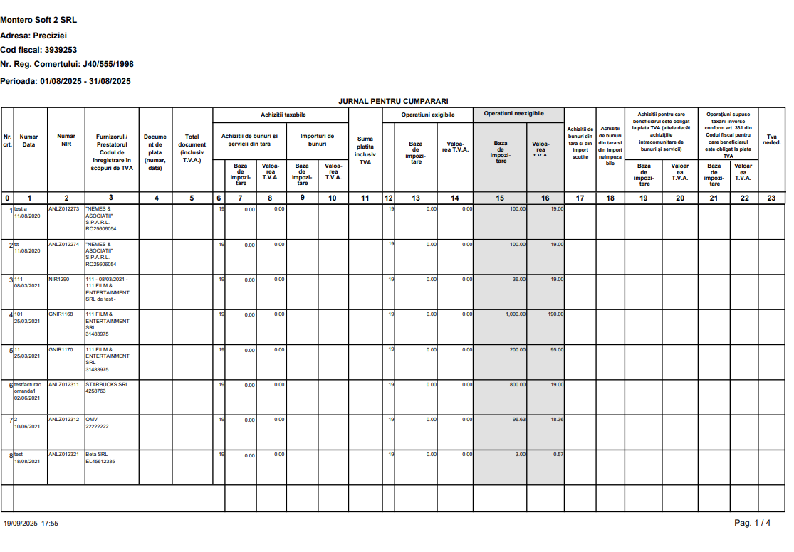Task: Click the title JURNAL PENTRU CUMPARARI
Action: click(x=393, y=102)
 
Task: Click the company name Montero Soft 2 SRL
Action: click(x=38, y=19)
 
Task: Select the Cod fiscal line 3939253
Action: click(x=38, y=50)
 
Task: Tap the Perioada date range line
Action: click(x=66, y=81)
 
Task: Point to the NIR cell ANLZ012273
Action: click(x=64, y=209)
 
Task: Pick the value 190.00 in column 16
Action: click(x=554, y=314)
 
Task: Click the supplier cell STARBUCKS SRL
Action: click(x=107, y=384)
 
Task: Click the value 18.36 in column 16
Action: click(x=555, y=420)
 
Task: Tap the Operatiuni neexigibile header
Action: click(x=513, y=113)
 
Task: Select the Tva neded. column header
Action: click(x=771, y=139)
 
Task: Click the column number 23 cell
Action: click(x=771, y=198)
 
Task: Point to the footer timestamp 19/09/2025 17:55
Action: click(x=31, y=523)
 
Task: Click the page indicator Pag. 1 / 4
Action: click(x=752, y=523)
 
